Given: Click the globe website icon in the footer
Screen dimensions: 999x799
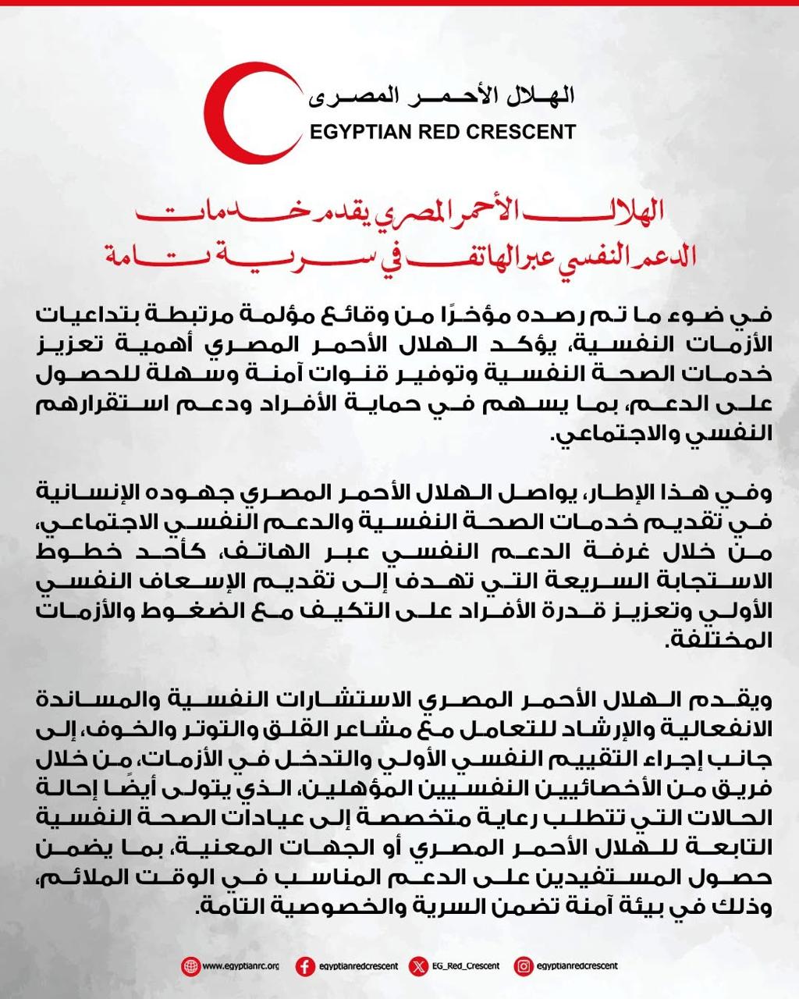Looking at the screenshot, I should point(190,966).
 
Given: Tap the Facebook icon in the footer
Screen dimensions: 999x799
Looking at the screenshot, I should point(306,966).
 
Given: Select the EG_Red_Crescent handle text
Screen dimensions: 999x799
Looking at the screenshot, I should point(467,966).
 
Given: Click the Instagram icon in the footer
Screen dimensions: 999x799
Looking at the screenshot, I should point(524,966).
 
